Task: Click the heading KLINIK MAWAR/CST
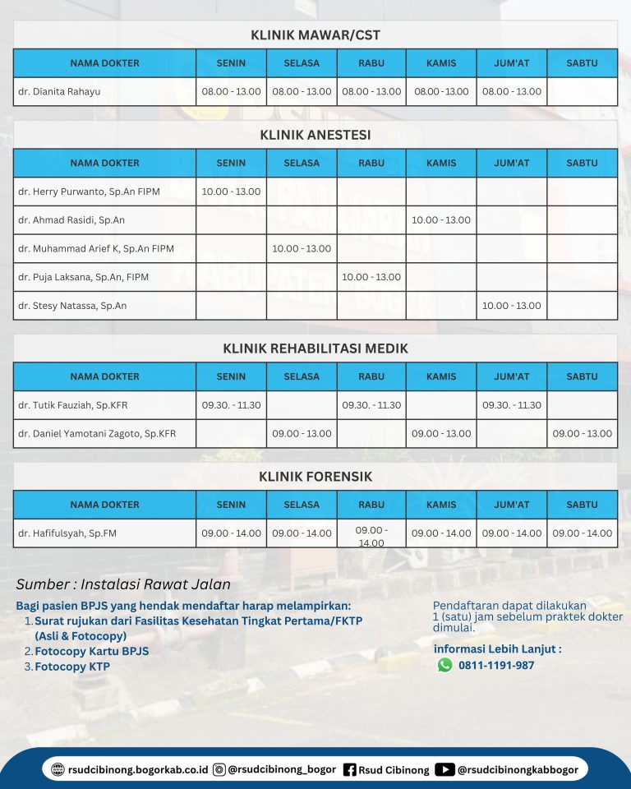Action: coord(315,35)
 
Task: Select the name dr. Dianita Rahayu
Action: coord(59,91)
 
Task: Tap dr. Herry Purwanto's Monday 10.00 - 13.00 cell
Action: coord(231,191)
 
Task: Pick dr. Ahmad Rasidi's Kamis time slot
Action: coord(441,220)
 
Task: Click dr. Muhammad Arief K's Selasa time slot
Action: coord(302,248)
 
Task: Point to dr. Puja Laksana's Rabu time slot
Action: coord(371,277)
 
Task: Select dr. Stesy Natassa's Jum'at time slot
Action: coord(512,306)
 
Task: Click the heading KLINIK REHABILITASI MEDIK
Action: coord(315,348)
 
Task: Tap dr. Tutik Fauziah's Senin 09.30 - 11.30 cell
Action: coord(231,405)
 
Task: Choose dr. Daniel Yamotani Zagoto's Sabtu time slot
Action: coord(583,433)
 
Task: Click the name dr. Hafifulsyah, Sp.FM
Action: coord(67,533)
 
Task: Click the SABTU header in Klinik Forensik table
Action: coord(583,505)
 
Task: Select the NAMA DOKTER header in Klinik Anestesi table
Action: coord(104,163)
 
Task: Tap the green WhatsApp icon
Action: coord(444,665)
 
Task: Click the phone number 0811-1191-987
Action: coord(496,665)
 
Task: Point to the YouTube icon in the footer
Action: coord(444,770)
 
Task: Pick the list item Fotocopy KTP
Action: coord(72,667)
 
